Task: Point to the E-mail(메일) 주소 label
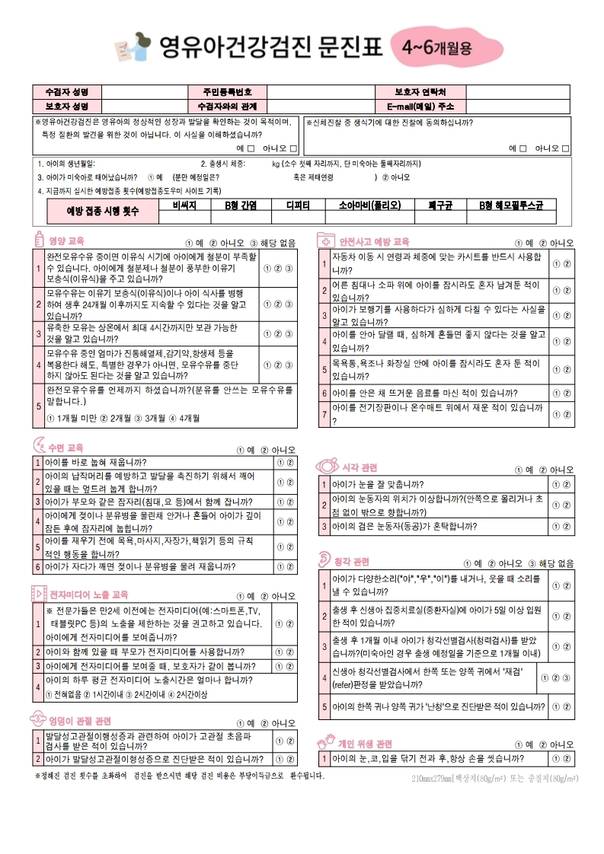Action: click(x=420, y=106)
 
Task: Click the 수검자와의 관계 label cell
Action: click(x=226, y=106)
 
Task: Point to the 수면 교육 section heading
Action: click(x=66, y=448)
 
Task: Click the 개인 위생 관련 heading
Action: click(x=365, y=743)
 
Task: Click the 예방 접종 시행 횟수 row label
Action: click(x=103, y=210)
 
